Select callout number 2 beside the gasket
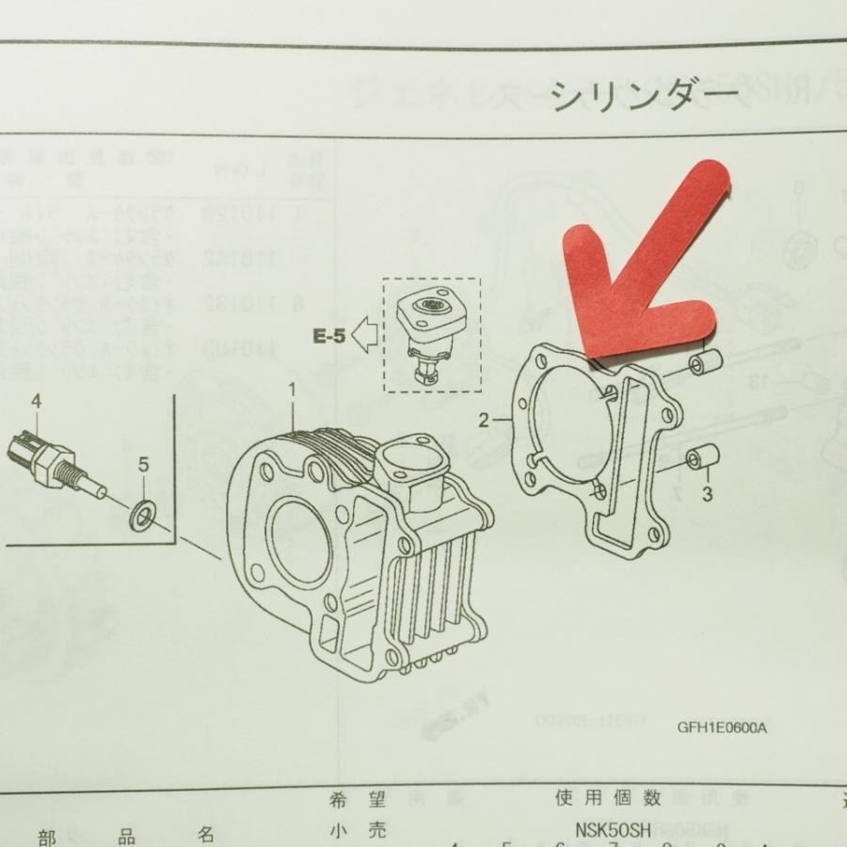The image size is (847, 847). tap(484, 421)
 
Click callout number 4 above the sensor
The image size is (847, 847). tap(37, 402)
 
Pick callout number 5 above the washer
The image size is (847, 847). tap(143, 463)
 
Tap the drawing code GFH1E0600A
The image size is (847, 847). tap(721, 727)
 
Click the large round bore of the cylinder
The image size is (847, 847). tap(301, 533)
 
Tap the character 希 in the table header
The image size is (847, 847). tap(340, 801)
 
